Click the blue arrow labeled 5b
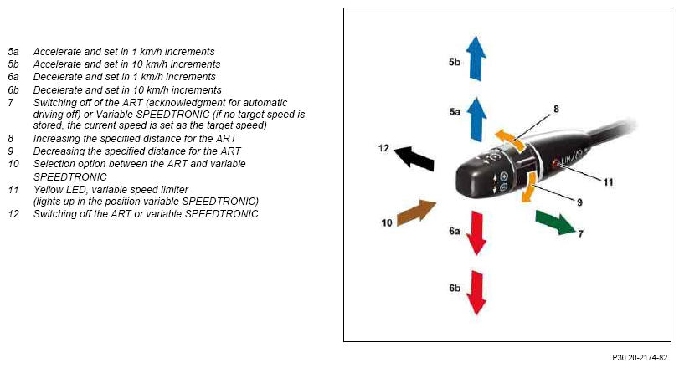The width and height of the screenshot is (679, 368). (476, 59)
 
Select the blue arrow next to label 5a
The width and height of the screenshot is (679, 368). (476, 120)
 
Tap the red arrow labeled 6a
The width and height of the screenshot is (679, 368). (476, 233)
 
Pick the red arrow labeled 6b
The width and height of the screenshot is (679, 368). (476, 293)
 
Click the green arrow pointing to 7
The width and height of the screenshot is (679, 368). (555, 222)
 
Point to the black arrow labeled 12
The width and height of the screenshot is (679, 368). (414, 158)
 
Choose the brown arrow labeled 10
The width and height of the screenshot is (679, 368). (416, 212)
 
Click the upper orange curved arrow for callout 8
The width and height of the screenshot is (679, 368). (509, 139)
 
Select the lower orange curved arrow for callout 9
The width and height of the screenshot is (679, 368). (530, 187)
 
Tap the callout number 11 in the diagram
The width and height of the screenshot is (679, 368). (609, 182)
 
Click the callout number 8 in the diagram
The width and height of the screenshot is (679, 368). (556, 109)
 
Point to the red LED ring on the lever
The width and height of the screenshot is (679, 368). (556, 163)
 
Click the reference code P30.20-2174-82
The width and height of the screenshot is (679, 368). (640, 358)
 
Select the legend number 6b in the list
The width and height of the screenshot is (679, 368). (13, 90)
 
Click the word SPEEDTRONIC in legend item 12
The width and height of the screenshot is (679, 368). (221, 213)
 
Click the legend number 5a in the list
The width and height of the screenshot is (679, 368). (13, 52)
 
